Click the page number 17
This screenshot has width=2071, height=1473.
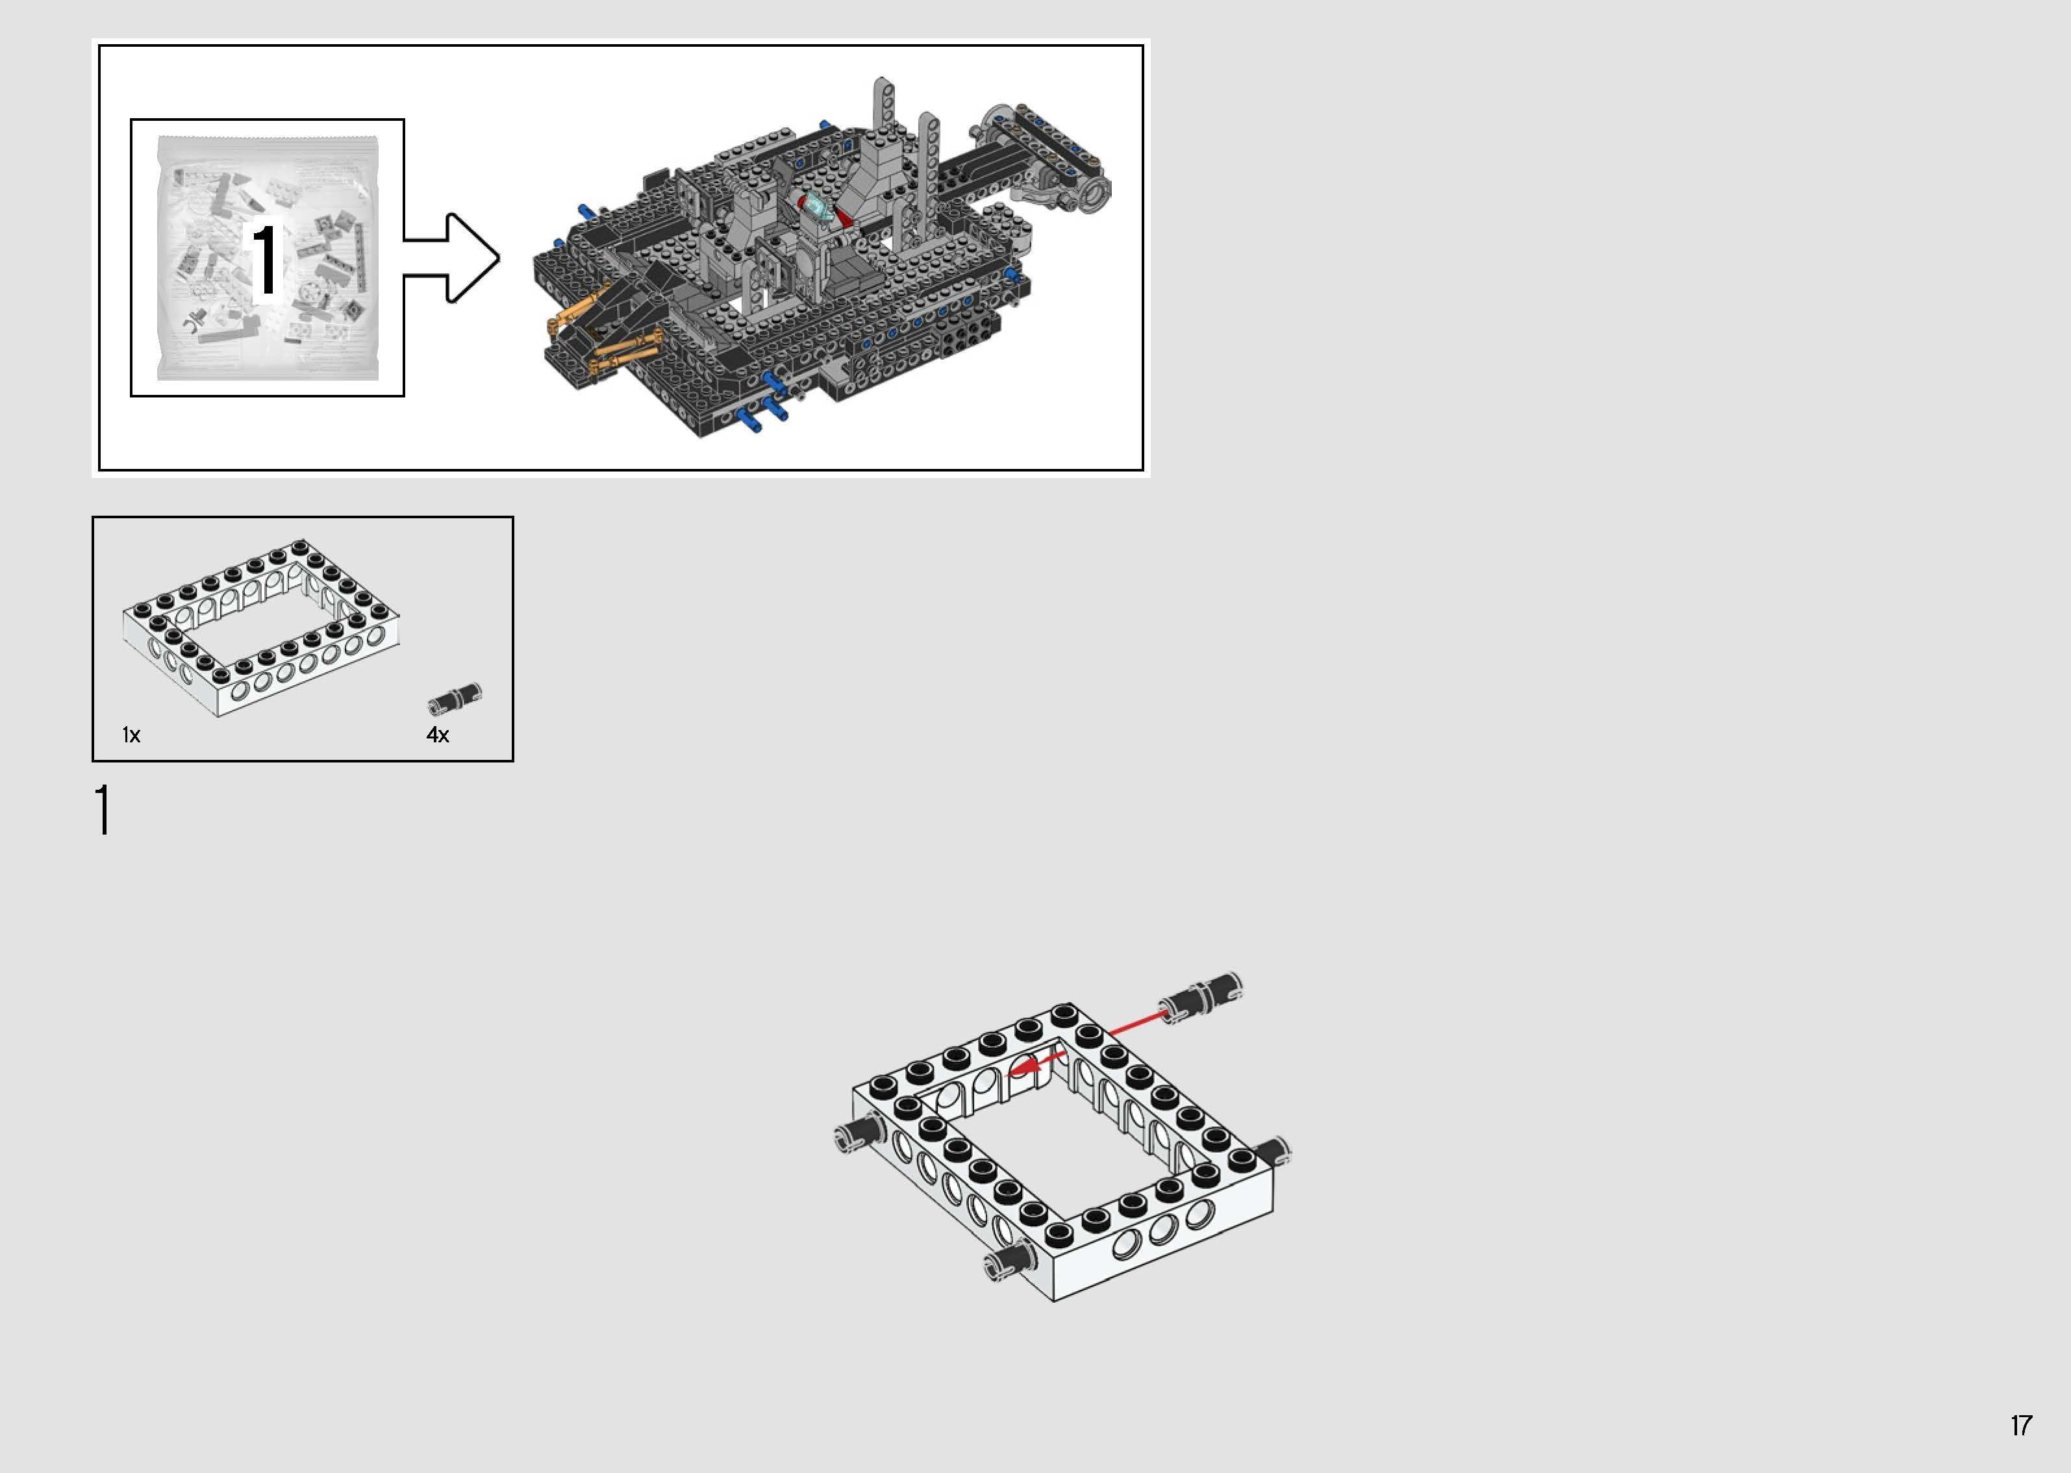(2020, 1425)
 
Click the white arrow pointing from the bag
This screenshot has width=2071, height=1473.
(453, 258)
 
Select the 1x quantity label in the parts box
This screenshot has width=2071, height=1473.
(131, 735)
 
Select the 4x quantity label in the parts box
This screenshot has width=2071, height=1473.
(438, 735)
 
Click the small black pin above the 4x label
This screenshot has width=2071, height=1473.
(455, 698)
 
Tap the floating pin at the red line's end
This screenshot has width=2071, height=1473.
(1201, 995)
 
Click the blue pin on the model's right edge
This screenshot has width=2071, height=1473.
(1011, 273)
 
